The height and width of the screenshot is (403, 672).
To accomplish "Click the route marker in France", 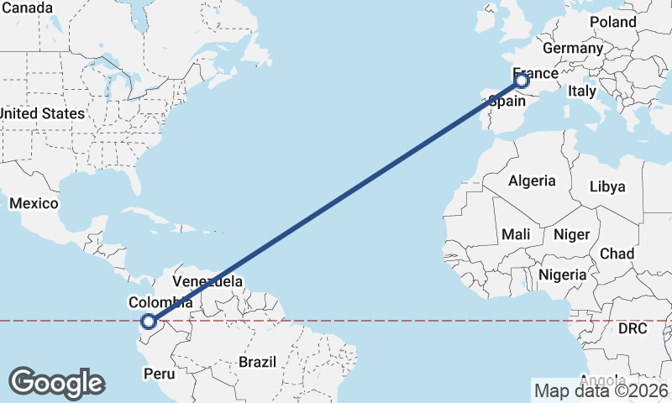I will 522,81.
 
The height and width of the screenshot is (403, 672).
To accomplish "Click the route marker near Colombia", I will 149,321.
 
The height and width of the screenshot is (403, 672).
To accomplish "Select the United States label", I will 42,113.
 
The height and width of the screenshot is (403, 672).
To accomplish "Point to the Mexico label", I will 34,203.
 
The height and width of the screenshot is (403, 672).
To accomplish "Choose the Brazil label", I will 257,362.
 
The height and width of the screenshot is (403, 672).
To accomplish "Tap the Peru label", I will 160,373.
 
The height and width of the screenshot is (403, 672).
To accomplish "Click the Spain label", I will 507,101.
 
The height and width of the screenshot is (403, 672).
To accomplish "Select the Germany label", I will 573,48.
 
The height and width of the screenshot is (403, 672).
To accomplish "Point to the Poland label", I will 613,22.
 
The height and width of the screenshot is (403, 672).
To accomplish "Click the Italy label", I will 582,91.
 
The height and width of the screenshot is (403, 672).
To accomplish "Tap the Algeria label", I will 532,181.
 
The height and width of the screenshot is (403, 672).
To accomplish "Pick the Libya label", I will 607,186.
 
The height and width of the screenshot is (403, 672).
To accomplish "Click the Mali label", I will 515,234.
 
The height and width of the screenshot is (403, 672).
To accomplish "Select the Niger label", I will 572,234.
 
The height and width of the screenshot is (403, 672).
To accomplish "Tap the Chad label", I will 617,254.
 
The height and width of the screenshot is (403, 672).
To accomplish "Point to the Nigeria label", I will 562,275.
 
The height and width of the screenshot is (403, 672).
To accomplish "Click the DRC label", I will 633,328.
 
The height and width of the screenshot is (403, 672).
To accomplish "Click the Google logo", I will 56,383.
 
